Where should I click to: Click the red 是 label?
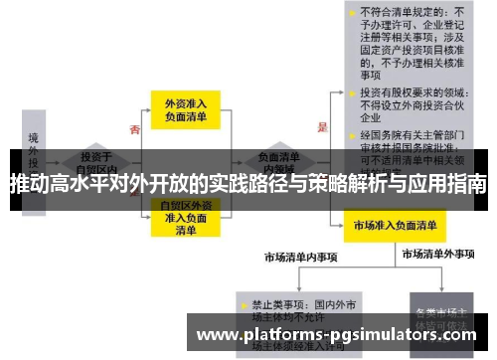pyautogui.click(x=321, y=127)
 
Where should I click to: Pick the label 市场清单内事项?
pyautogui.click(x=300, y=257)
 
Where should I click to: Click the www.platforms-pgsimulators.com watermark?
pyautogui.click(x=339, y=335)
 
